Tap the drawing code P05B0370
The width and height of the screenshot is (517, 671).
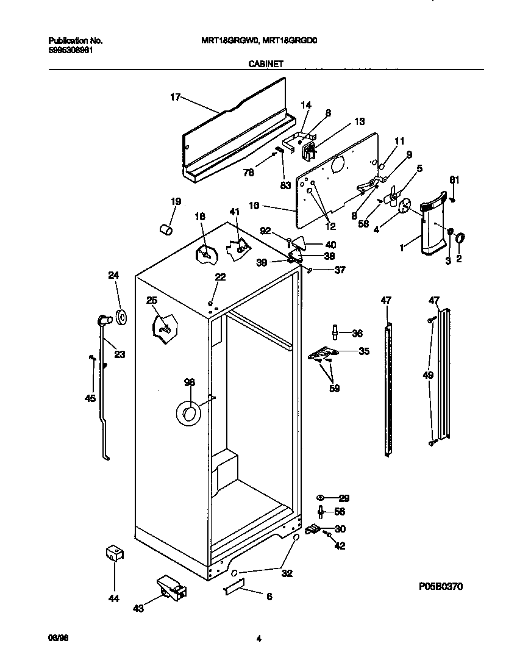click(441, 586)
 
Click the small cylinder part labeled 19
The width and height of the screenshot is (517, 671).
click(165, 229)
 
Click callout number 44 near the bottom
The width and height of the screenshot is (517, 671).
click(113, 598)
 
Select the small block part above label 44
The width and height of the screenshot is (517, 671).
click(113, 553)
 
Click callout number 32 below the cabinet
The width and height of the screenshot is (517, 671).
click(287, 573)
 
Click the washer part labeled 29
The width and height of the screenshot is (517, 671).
click(322, 498)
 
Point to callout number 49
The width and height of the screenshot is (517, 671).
click(428, 375)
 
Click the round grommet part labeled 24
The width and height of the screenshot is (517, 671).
click(120, 316)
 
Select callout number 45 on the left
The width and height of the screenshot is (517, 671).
click(90, 398)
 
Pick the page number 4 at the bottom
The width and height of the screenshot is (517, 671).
click(258, 639)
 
